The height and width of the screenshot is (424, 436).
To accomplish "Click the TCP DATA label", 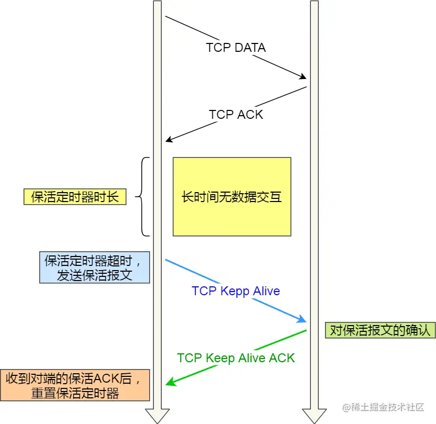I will [236, 48].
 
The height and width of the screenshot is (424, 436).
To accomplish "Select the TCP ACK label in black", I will [236, 115].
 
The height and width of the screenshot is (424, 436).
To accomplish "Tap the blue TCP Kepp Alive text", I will [236, 291].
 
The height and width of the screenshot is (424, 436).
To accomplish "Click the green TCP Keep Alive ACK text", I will [236, 358].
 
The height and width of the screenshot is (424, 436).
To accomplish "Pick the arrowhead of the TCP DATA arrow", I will [302, 77].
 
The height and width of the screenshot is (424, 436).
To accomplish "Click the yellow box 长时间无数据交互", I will [232, 197].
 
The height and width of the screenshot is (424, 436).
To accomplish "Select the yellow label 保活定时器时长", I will [75, 197].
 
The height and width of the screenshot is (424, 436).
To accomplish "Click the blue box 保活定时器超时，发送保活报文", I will [95, 267].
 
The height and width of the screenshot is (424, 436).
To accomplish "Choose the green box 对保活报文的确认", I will [379, 330].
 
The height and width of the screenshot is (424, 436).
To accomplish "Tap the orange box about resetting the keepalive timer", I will [75, 385].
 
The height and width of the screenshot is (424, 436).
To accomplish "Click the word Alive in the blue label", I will [266, 291].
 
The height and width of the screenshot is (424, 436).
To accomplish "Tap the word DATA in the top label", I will [250, 48].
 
